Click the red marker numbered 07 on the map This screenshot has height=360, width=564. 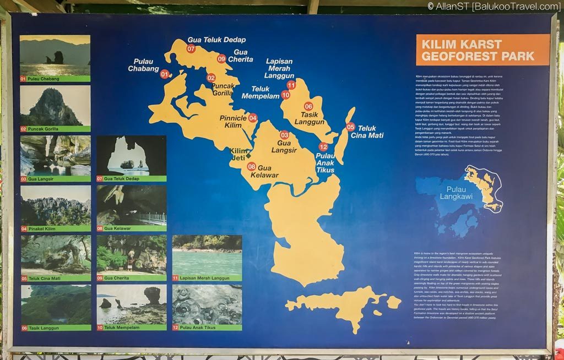point(191,48)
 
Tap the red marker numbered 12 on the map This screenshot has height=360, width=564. point(323,147)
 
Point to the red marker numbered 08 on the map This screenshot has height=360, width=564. point(251,166)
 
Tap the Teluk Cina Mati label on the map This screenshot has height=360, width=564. point(367,132)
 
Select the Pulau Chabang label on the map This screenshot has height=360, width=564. point(143,65)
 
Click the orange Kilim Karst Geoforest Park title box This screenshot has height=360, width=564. point(482,50)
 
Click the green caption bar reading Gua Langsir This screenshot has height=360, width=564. point(55,179)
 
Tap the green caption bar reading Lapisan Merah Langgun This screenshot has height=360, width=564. point(207,278)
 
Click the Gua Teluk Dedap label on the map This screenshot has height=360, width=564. point(216,40)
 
